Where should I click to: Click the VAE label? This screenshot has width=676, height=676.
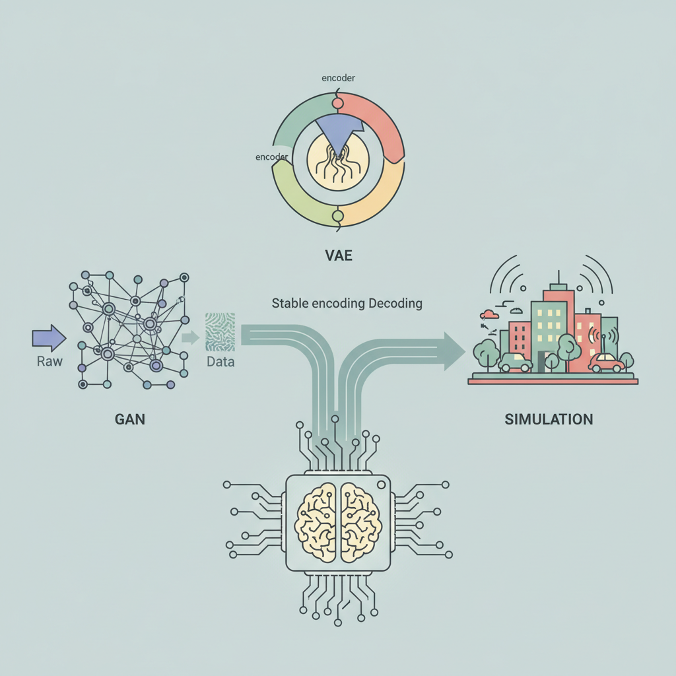339,255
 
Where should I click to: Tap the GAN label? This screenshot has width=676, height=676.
130,419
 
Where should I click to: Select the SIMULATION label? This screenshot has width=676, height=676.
549,419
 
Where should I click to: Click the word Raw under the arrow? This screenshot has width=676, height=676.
50,361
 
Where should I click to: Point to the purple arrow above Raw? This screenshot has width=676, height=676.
49,338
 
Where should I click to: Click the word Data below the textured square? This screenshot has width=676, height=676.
220,361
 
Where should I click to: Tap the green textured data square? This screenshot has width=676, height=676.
220,332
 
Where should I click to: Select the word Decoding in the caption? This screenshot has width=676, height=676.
395,304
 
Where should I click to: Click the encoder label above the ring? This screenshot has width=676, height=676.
339,78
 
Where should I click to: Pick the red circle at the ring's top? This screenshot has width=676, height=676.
338,103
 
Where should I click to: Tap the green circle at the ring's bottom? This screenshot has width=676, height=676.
338,216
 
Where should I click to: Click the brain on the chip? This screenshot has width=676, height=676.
338,523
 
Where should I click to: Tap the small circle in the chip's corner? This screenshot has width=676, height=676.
381,485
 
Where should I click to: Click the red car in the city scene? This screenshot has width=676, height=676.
607,362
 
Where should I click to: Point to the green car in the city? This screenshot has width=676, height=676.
515,362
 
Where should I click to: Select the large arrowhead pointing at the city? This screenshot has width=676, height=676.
454,351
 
